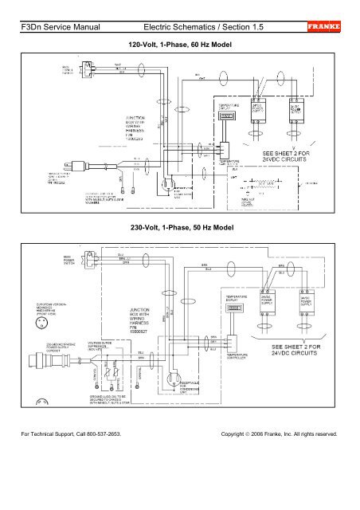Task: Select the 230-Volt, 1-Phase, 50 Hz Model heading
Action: [179, 227]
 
